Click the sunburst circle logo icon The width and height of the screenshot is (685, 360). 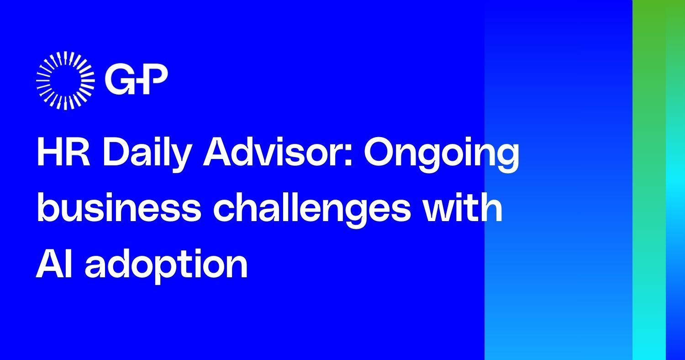click(x=65, y=81)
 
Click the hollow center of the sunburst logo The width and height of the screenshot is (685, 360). click(x=65, y=81)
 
